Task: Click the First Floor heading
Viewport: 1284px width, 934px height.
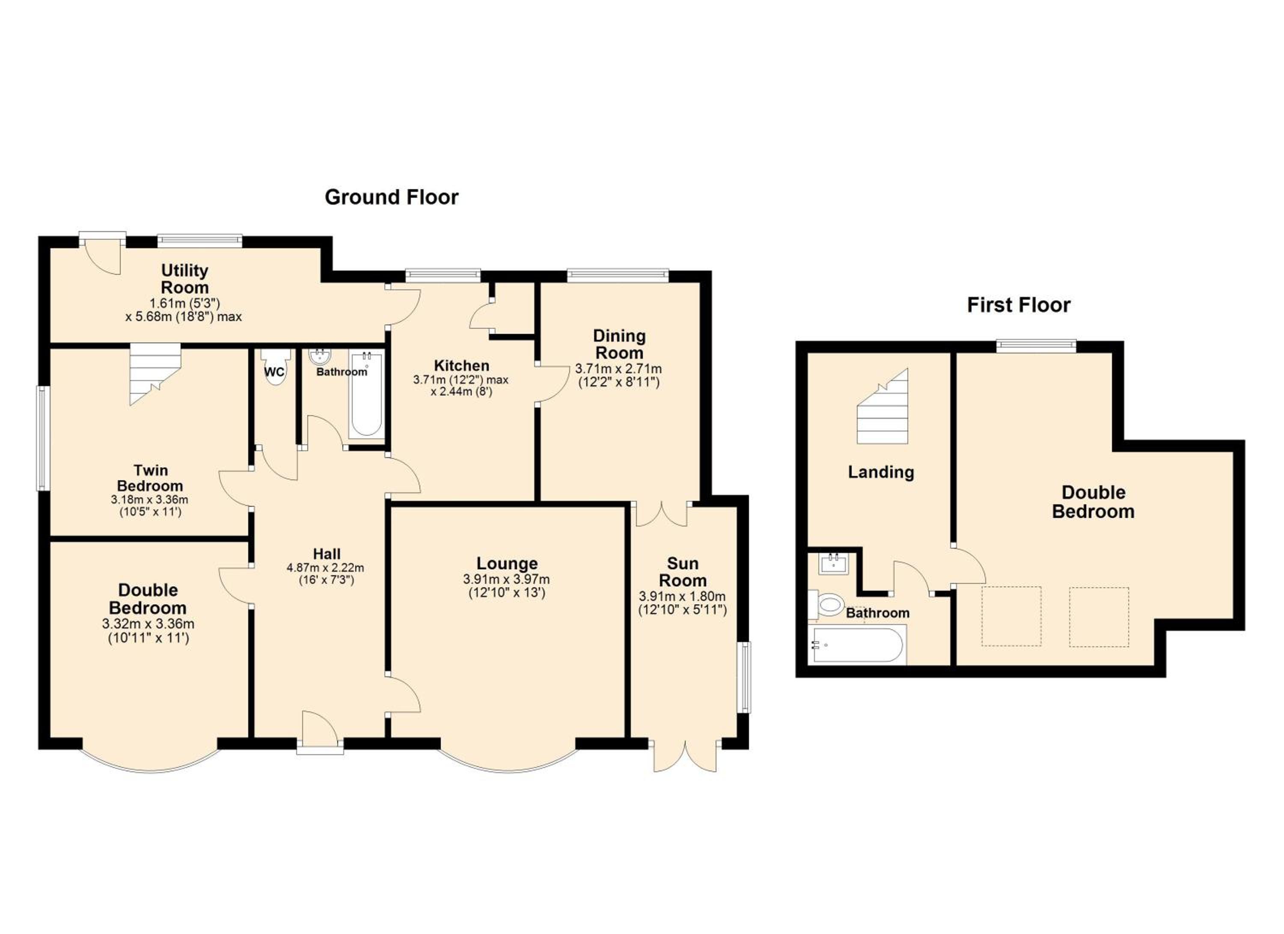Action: (x=1019, y=305)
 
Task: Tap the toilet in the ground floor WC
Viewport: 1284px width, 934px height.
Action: (x=275, y=366)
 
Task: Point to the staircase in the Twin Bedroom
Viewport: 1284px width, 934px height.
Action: (x=155, y=374)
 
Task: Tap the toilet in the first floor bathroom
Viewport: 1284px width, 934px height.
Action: (x=827, y=604)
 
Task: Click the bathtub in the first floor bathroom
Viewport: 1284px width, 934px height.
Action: (x=856, y=645)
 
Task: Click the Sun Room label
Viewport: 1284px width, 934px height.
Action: (x=682, y=572)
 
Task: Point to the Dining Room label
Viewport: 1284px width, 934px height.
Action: (x=619, y=344)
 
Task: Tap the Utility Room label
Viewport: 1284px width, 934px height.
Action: (x=184, y=279)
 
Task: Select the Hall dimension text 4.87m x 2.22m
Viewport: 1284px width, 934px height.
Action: (x=326, y=568)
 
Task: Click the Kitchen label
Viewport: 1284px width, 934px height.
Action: (x=461, y=366)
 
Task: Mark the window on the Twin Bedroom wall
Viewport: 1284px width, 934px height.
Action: (x=42, y=438)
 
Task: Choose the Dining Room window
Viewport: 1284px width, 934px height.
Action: (x=618, y=276)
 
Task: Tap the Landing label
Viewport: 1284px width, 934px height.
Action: (x=881, y=472)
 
